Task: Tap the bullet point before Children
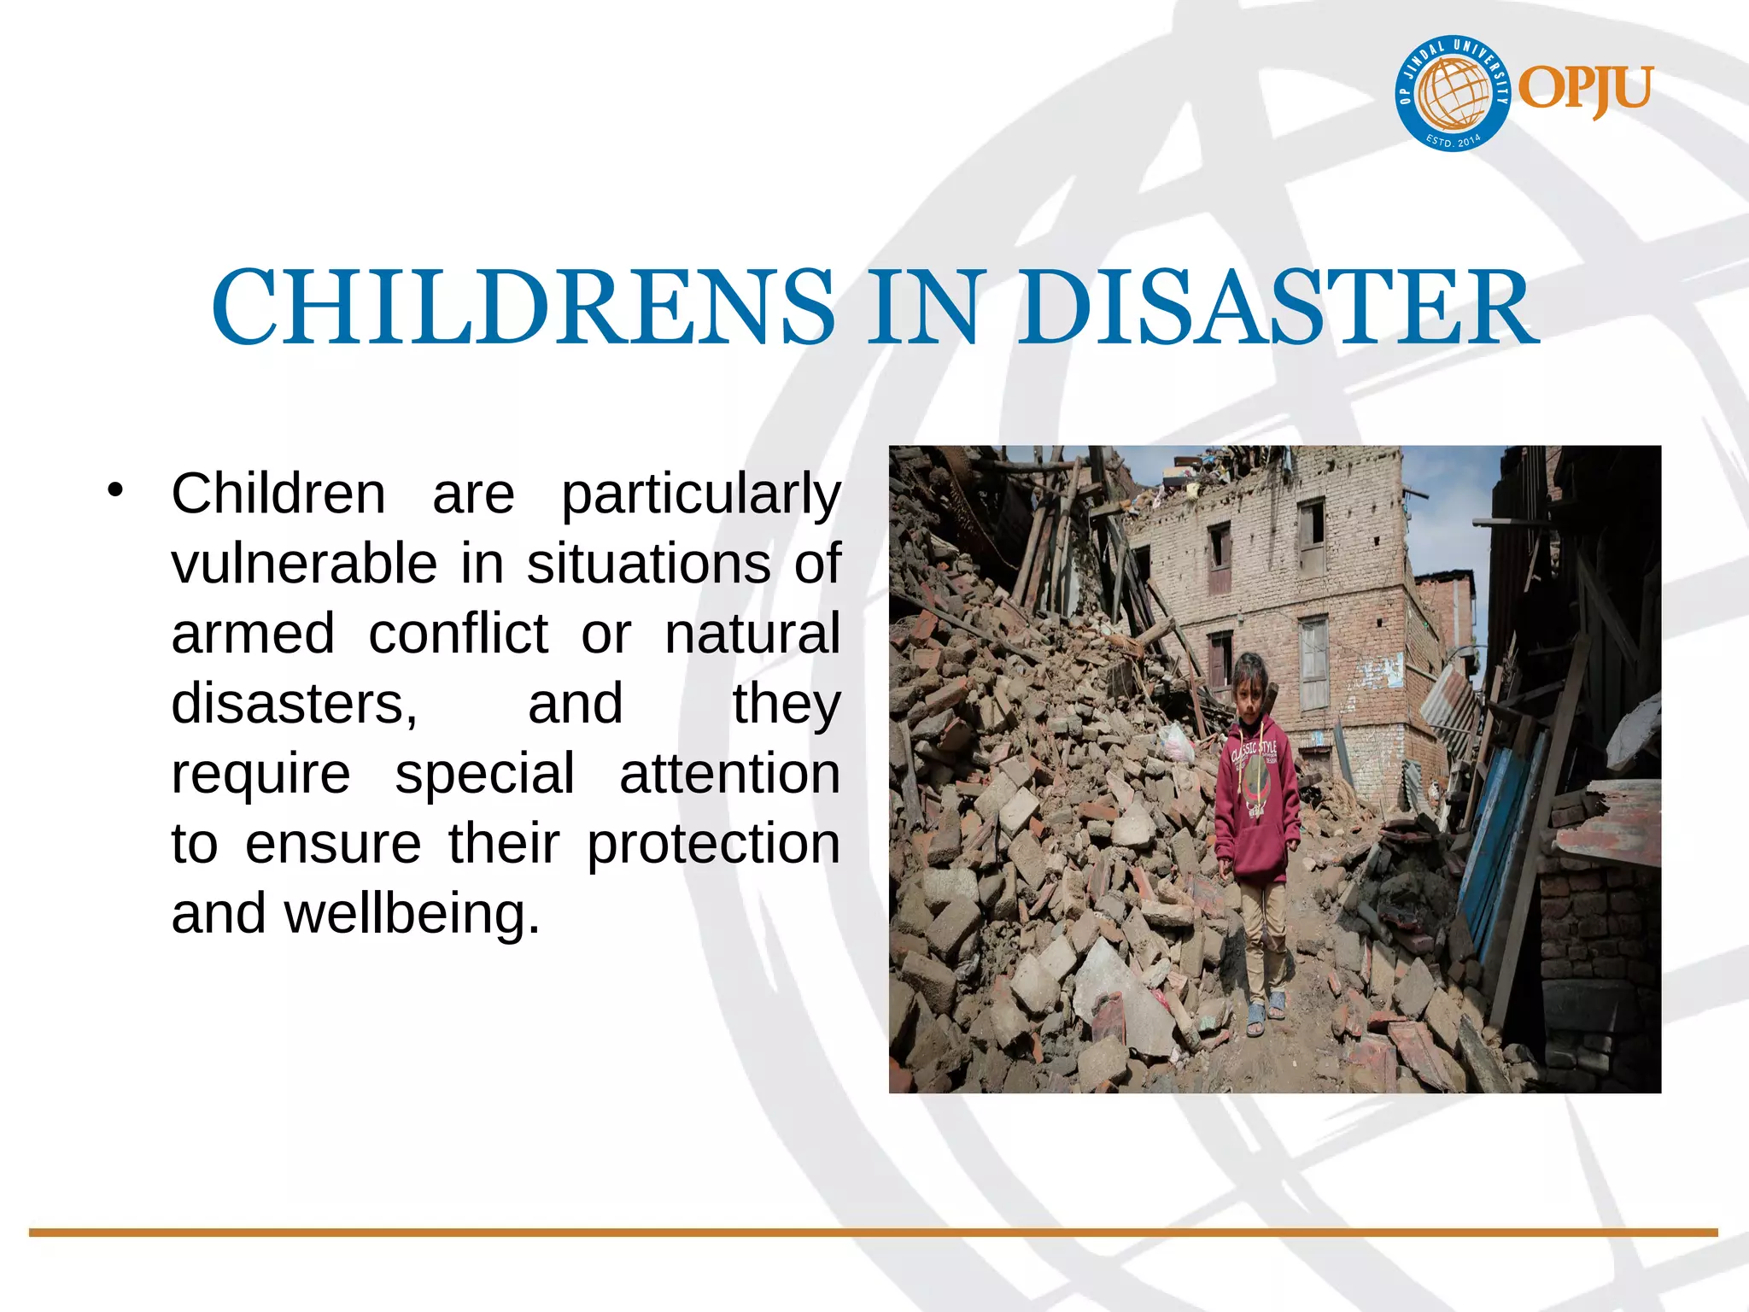(115, 490)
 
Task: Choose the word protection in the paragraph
(713, 844)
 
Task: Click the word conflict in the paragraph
(458, 634)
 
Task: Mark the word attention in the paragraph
(729, 774)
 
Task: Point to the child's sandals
(1264, 1016)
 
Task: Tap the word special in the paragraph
(484, 774)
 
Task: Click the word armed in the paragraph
(253, 634)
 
